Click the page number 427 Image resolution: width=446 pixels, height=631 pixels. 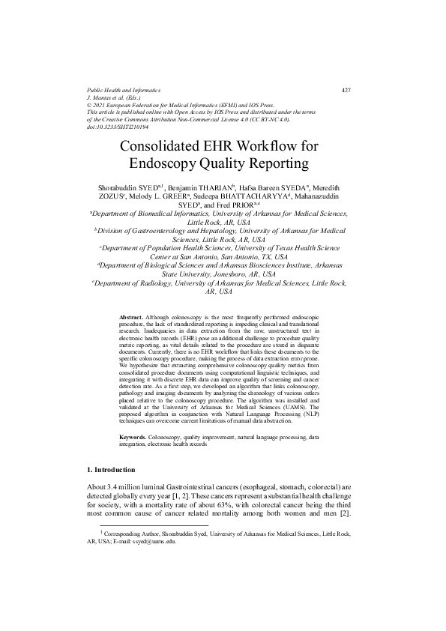[346, 91]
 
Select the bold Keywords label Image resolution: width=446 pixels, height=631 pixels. [133, 435]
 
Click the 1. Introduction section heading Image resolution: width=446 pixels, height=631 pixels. [112, 469]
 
